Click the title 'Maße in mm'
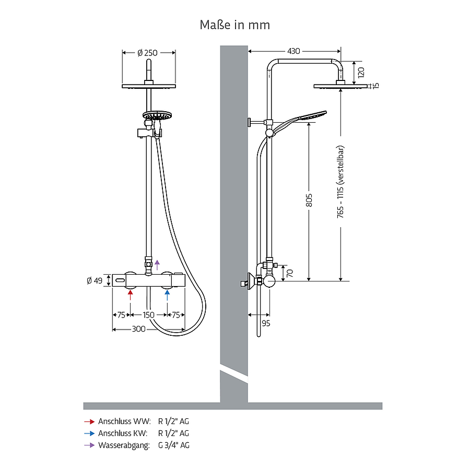pyautogui.click(x=234, y=25)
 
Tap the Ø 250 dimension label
pyautogui.click(x=147, y=53)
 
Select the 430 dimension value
pyautogui.click(x=293, y=51)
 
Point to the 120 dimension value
pyautogui.click(x=361, y=73)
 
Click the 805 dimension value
pyautogui.click(x=309, y=200)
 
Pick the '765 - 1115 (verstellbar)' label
pyautogui.click(x=340, y=182)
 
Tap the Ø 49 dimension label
pyautogui.click(x=95, y=280)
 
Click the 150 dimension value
pyautogui.click(x=148, y=315)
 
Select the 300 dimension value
pyautogui.click(x=139, y=329)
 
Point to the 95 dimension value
pyautogui.click(x=266, y=323)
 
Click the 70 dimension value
pyautogui.click(x=290, y=273)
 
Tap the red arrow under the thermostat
pyautogui.click(x=130, y=295)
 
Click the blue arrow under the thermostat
pyautogui.click(x=167, y=295)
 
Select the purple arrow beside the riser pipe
pyautogui.click(x=157, y=265)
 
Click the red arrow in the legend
pyautogui.click(x=89, y=422)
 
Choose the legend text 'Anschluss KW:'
pyautogui.click(x=123, y=433)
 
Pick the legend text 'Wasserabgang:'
pyautogui.click(x=124, y=445)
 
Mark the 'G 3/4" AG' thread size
pyautogui.click(x=174, y=445)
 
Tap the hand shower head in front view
pyautogui.click(x=157, y=115)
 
